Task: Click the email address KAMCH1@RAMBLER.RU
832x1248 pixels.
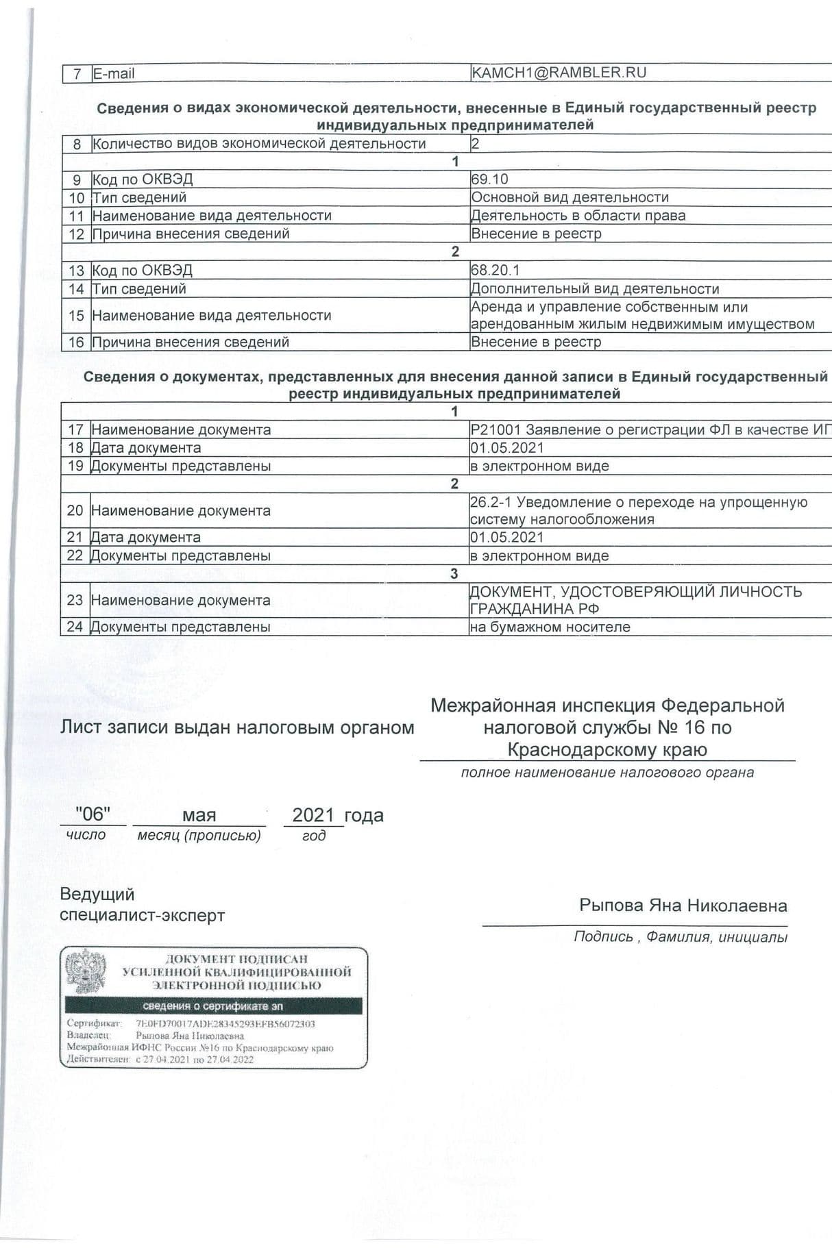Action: click(x=559, y=73)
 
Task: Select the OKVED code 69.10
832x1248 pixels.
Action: click(x=490, y=179)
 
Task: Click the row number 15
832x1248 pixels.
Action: click(x=76, y=316)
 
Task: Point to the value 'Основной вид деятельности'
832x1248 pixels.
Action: click(x=570, y=197)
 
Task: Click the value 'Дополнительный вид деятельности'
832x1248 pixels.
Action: click(x=595, y=289)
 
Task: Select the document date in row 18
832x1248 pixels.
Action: click(x=506, y=448)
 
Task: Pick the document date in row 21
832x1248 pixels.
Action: click(x=506, y=538)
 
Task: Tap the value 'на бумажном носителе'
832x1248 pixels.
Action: click(x=550, y=627)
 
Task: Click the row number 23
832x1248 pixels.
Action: click(x=75, y=601)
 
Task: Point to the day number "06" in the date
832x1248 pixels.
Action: click(x=93, y=814)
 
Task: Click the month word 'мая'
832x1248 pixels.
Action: click(x=199, y=815)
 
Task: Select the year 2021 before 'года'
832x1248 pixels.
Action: click(x=313, y=815)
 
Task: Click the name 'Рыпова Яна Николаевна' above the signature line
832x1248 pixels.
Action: click(x=683, y=906)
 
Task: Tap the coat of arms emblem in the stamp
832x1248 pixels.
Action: click(x=86, y=971)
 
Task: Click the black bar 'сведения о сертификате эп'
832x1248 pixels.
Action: click(x=213, y=1006)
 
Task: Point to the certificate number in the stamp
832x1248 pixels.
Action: click(x=225, y=1024)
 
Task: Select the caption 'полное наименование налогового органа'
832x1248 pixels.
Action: click(x=607, y=773)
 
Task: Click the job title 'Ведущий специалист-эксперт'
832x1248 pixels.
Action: click(x=142, y=905)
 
